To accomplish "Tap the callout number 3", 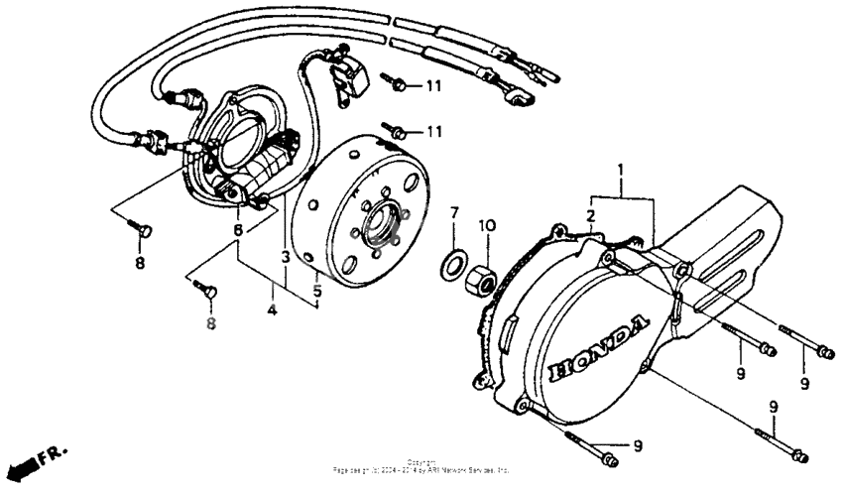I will pos(285,257).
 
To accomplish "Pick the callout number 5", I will pos(317,292).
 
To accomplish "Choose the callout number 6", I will pos(237,231).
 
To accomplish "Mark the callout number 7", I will pos(454,213).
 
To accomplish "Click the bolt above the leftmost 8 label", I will pos(143,231).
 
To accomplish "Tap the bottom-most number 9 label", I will pos(637,445).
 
